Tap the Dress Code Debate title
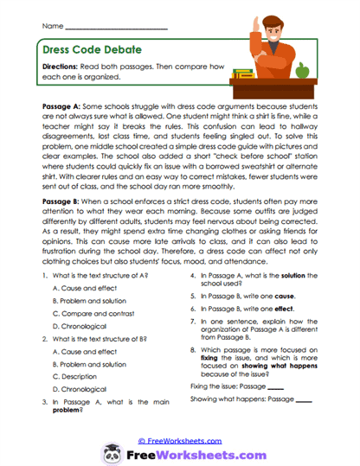point(82,51)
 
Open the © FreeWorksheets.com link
point(180,439)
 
